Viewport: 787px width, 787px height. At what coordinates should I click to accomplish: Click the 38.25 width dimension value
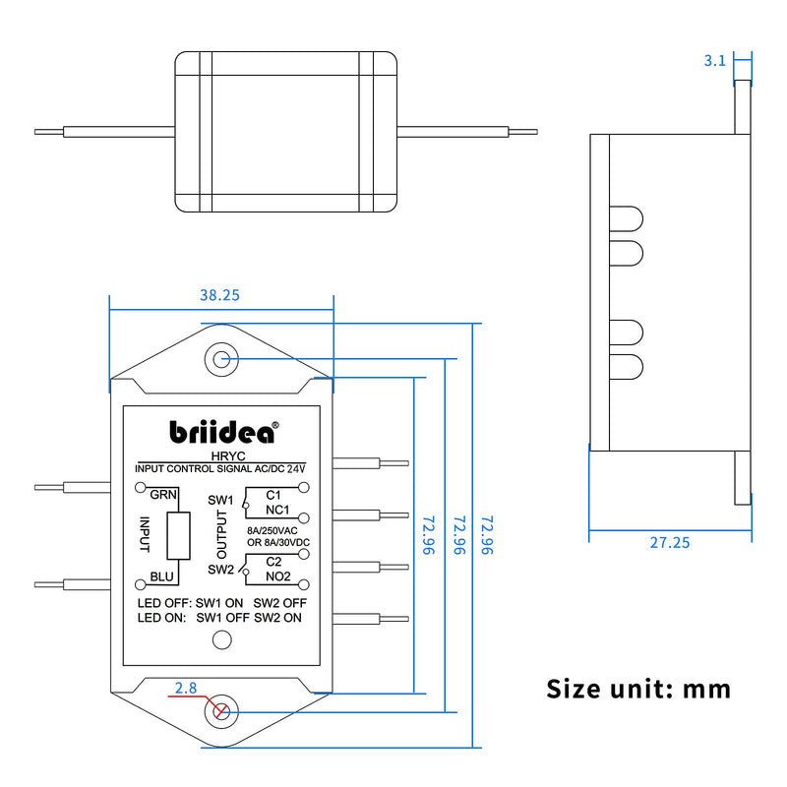pyautogui.click(x=219, y=295)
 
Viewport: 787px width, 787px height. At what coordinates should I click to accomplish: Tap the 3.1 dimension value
pyautogui.click(x=715, y=61)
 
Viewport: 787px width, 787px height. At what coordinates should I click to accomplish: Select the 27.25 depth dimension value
pyautogui.click(x=670, y=543)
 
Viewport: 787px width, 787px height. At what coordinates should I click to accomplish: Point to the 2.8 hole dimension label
pyautogui.click(x=186, y=688)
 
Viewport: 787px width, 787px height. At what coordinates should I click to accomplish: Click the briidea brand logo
pyautogui.click(x=224, y=432)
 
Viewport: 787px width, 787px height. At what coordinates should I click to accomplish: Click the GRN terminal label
pyautogui.click(x=163, y=495)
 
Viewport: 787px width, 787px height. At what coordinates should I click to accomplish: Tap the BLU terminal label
pyautogui.click(x=161, y=577)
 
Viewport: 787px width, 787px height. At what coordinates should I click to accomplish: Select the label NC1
pyautogui.click(x=277, y=510)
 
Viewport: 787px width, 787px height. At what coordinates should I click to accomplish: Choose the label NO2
pyautogui.click(x=278, y=576)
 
